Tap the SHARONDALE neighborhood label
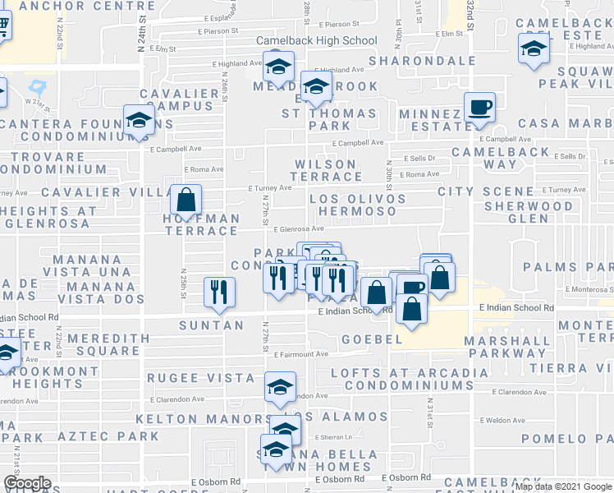tap(422, 61)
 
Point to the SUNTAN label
tap(212, 325)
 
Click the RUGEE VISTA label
tap(201, 377)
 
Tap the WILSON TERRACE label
tap(327, 171)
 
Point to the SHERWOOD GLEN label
tap(528, 212)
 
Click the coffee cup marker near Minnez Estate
tap(479, 108)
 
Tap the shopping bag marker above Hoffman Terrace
tap(186, 198)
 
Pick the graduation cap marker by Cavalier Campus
tap(139, 120)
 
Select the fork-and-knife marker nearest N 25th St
tap(219, 293)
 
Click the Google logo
tap(27, 484)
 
